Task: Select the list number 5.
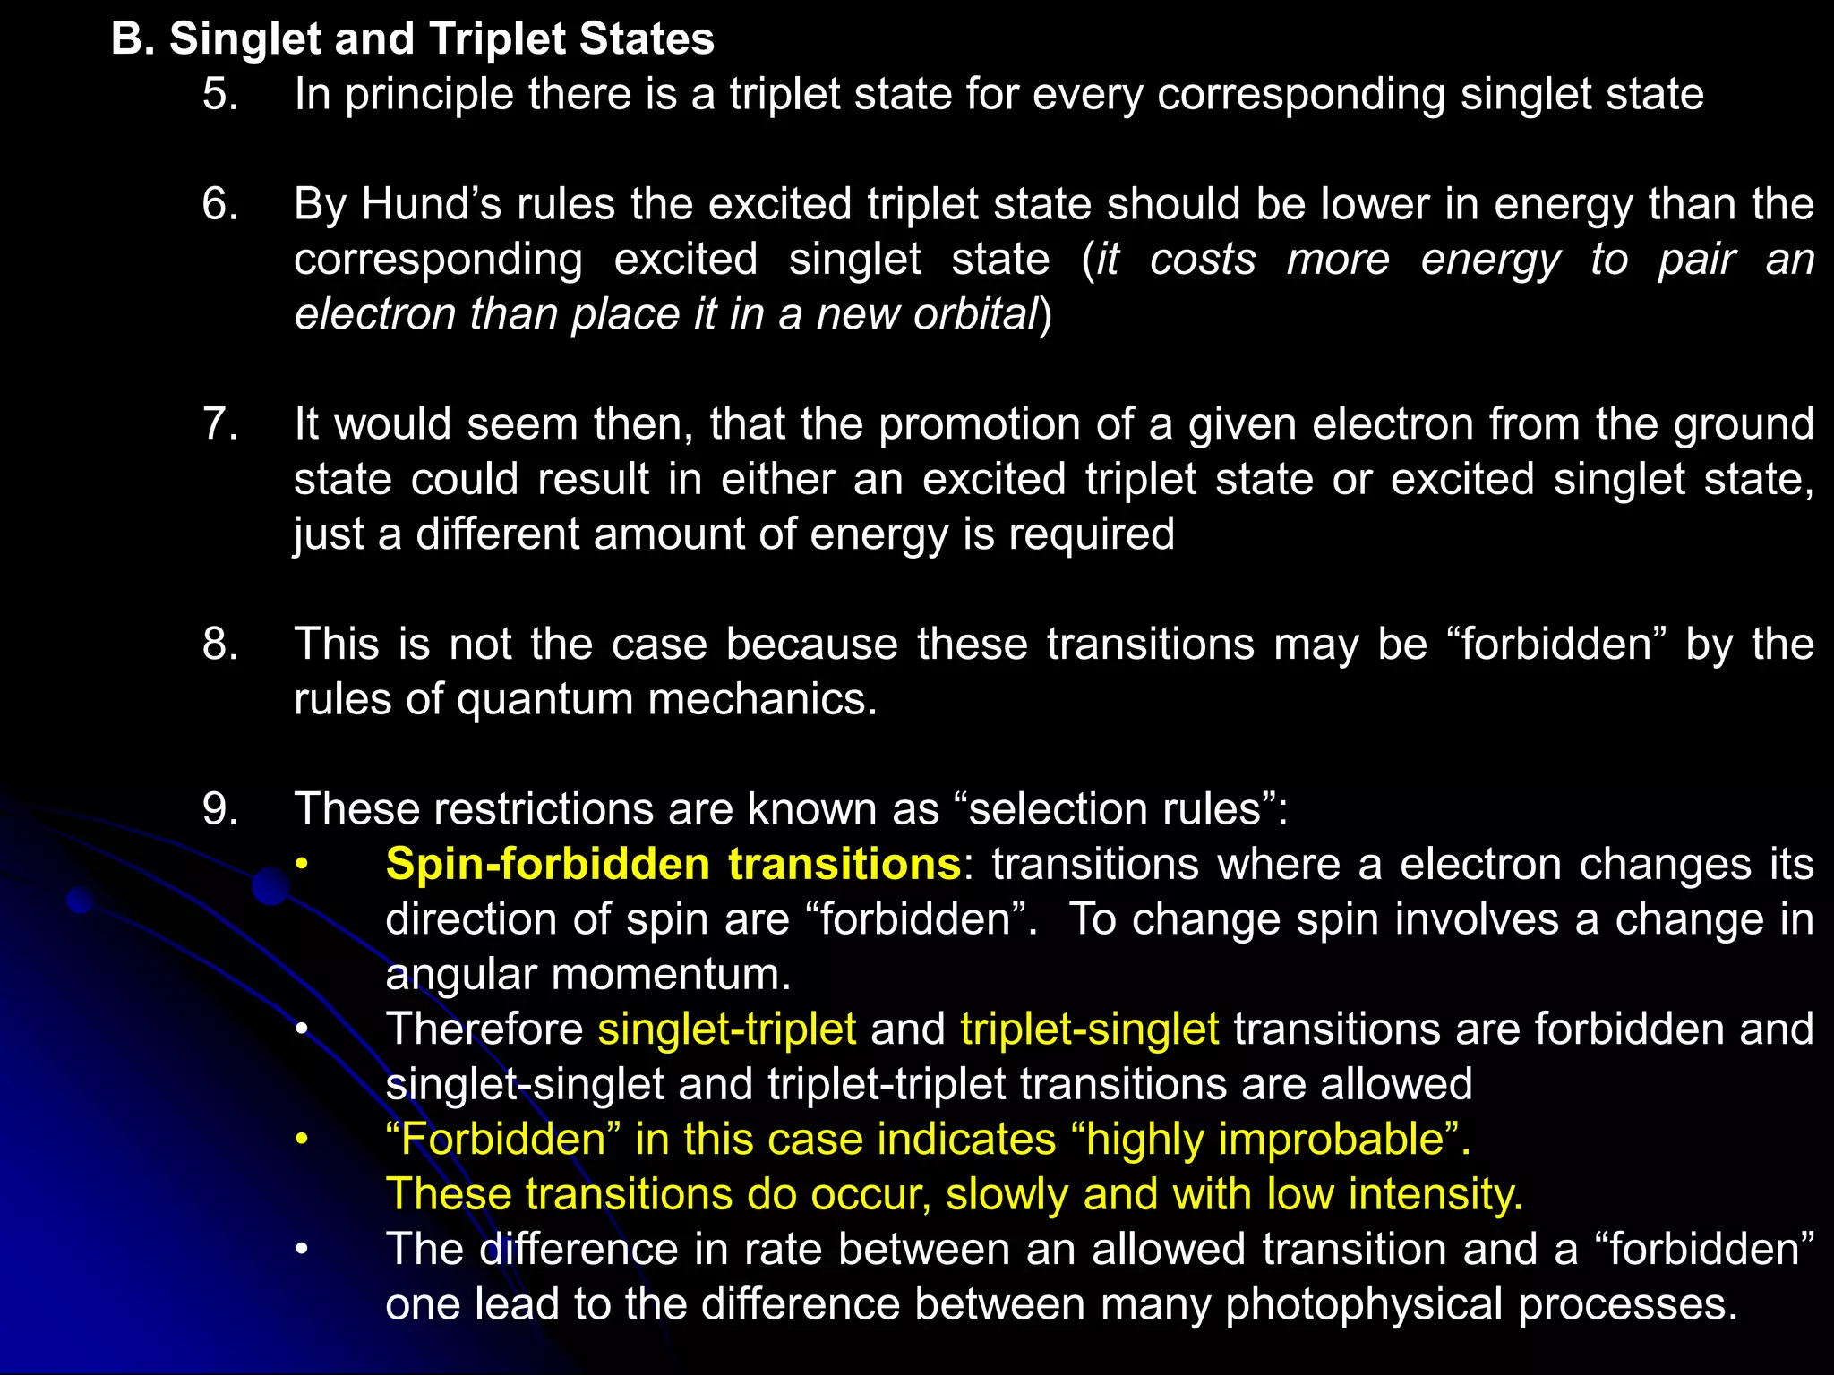click(220, 94)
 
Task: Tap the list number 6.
click(220, 204)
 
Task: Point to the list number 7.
click(220, 423)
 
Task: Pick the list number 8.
click(220, 644)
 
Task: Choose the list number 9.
click(220, 808)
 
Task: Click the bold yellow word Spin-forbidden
click(548, 864)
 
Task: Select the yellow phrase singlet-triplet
click(727, 1029)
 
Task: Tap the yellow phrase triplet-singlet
click(1089, 1029)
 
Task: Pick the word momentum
click(671, 974)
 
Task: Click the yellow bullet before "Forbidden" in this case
click(303, 1140)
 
